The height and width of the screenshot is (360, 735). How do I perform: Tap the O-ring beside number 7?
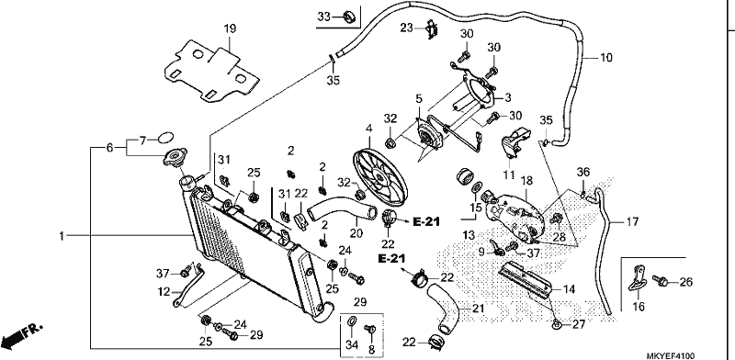tap(165, 138)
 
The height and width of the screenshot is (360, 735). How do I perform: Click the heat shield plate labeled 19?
tap(212, 72)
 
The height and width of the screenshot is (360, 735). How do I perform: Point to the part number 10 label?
tap(605, 58)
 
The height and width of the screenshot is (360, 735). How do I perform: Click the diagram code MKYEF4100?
tap(671, 355)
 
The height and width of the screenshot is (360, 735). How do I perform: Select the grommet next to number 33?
tap(350, 17)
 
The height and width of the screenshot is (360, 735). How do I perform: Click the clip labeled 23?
tap(432, 28)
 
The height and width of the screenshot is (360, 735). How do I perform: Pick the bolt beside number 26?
tap(661, 280)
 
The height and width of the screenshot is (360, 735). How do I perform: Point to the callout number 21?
tap(478, 309)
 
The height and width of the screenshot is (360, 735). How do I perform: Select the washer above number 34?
tap(351, 321)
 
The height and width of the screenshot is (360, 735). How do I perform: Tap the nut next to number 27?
tap(555, 323)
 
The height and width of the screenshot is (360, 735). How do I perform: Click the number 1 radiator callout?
tap(62, 236)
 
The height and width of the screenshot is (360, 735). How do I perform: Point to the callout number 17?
tap(631, 221)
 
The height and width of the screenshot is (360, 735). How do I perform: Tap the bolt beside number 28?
tap(558, 219)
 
